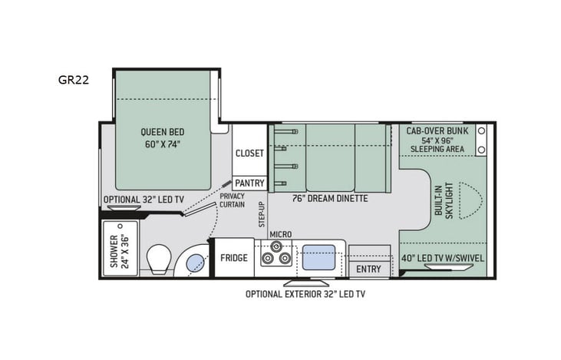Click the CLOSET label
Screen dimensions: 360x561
click(x=249, y=153)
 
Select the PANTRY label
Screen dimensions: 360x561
click(x=249, y=183)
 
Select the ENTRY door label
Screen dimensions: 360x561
click(x=368, y=269)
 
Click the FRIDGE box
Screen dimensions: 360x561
click(x=234, y=258)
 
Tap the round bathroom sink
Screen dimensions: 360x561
click(x=193, y=260)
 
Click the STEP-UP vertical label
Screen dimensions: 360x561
click(x=261, y=213)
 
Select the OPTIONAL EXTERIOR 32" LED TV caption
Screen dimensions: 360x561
click(x=305, y=294)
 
